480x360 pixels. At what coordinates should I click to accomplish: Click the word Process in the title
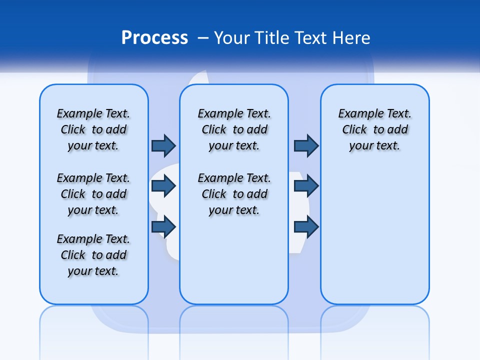[x=154, y=38]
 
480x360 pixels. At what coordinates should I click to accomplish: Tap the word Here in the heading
[x=350, y=38]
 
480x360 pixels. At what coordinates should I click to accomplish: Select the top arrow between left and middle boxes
[x=163, y=145]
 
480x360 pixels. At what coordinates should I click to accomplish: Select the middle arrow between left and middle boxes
[x=163, y=186]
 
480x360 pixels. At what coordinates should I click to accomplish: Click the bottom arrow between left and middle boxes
[x=163, y=226]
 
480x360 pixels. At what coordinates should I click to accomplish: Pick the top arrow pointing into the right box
[x=306, y=145]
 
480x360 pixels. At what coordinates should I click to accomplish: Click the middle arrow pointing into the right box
[x=306, y=186]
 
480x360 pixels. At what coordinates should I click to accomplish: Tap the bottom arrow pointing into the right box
[x=306, y=226]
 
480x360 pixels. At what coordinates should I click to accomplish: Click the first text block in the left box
[x=93, y=129]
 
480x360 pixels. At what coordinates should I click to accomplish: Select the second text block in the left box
[x=93, y=194]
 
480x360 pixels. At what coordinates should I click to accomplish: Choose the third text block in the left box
[x=93, y=255]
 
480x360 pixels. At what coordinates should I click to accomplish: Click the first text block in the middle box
[x=234, y=129]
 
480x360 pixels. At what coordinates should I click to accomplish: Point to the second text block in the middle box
[x=234, y=194]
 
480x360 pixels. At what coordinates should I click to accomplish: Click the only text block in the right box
[x=375, y=129]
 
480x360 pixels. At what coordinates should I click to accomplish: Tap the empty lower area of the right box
[x=375, y=240]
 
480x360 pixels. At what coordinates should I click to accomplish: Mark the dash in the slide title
[x=203, y=38]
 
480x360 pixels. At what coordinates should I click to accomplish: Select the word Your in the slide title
[x=232, y=38]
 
